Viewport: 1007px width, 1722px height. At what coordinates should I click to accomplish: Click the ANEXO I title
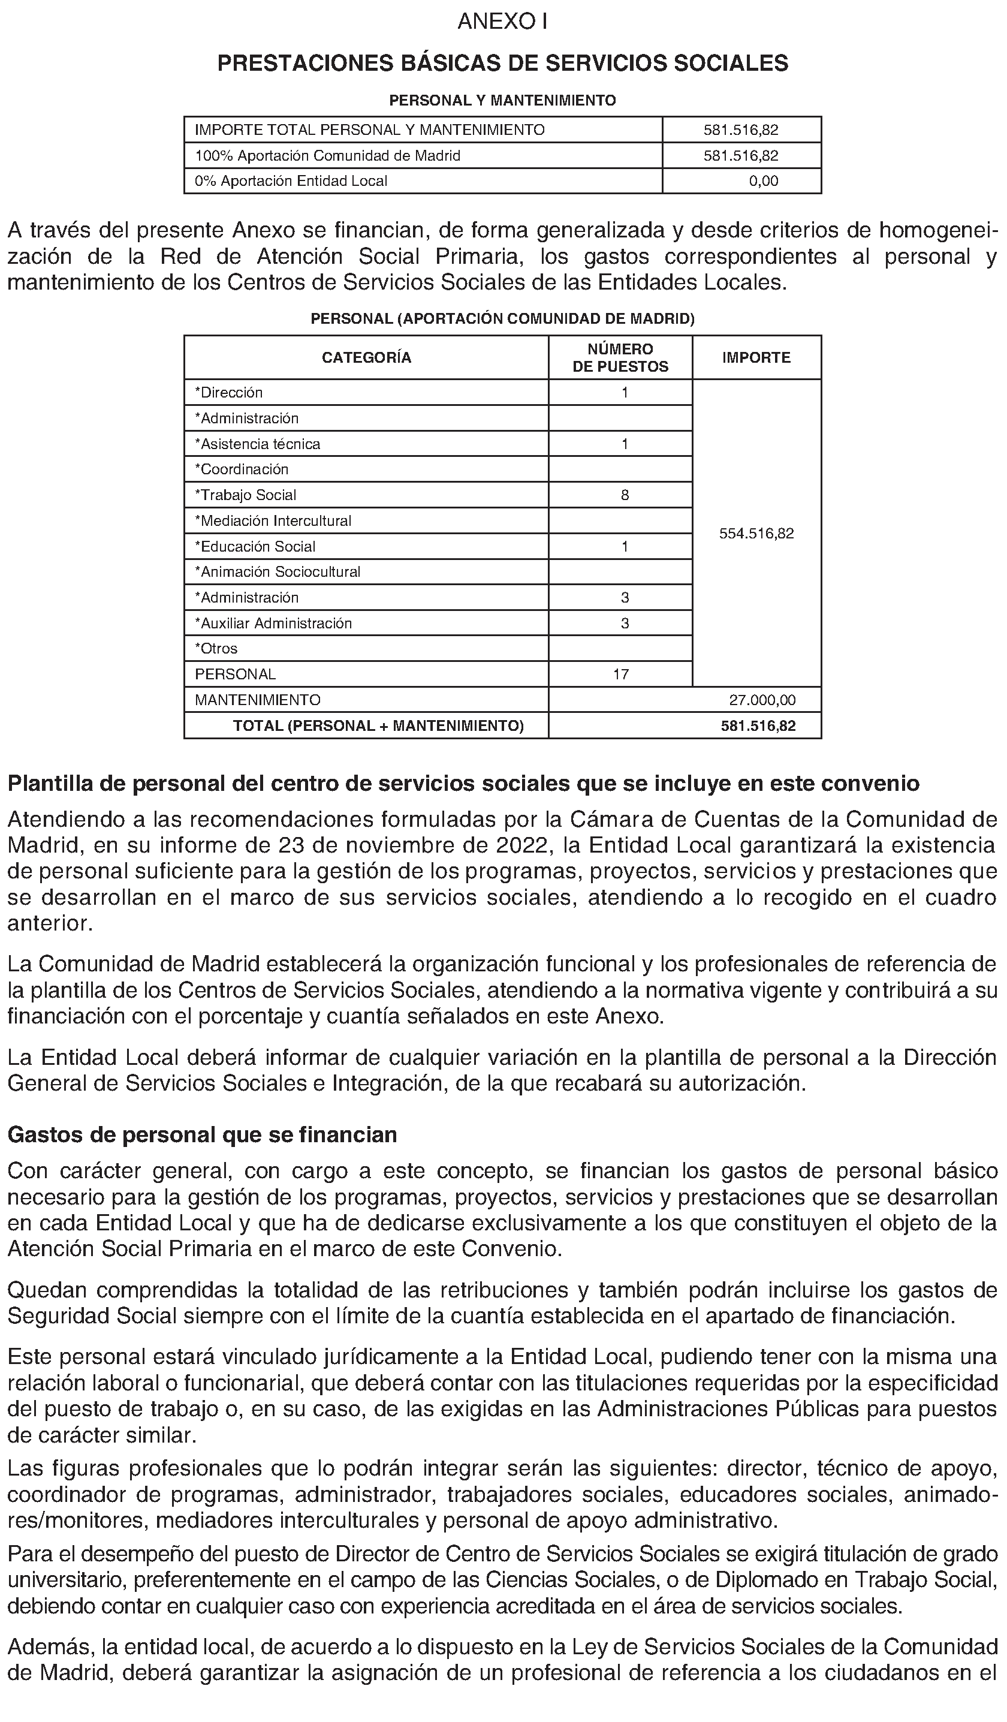(502, 23)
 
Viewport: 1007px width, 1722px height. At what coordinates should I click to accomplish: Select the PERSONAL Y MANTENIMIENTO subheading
(502, 101)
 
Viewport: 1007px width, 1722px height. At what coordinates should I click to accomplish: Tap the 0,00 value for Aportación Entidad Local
(763, 181)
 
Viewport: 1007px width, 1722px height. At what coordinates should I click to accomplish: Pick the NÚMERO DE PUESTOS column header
(620, 357)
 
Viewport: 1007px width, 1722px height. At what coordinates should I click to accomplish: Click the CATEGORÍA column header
(366, 357)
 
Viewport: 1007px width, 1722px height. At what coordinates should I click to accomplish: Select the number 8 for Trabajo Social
(625, 495)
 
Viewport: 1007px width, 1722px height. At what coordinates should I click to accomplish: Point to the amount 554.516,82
(756, 534)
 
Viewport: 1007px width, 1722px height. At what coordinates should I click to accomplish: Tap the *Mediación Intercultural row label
(273, 520)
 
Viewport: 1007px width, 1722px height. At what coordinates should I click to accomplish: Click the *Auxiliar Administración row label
(273, 623)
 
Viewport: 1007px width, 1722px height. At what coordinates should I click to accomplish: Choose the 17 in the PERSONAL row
(620, 675)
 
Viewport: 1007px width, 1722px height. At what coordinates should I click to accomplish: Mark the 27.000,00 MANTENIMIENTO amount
(762, 700)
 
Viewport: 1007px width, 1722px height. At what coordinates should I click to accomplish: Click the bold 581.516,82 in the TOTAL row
(758, 725)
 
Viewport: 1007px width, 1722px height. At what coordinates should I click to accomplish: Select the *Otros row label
(216, 649)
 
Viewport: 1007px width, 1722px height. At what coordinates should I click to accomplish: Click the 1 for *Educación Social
(625, 547)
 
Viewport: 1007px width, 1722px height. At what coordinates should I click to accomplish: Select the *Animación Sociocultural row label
(278, 572)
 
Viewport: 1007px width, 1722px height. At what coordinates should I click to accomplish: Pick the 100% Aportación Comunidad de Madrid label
(327, 156)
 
